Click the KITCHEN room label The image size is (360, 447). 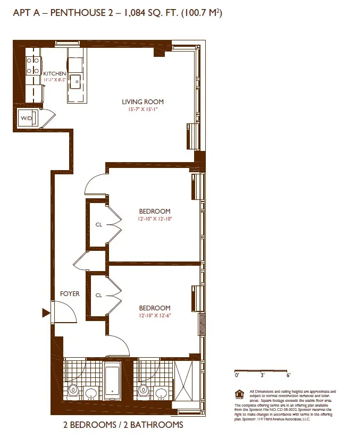pyautogui.click(x=55, y=73)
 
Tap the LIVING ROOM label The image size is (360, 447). pyautogui.click(x=143, y=102)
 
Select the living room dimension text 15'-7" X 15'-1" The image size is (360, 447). pyautogui.click(x=143, y=109)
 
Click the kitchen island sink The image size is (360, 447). pyautogui.click(x=76, y=81)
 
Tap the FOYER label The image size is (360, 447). pyautogui.click(x=70, y=293)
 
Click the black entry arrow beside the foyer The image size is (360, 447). pyautogui.click(x=46, y=313)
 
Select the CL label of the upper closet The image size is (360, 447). pyautogui.click(x=99, y=225)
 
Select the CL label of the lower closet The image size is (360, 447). pyautogui.click(x=99, y=296)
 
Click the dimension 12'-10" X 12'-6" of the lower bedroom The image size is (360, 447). pyautogui.click(x=155, y=316)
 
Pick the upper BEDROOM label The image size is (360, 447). pyautogui.click(x=155, y=212)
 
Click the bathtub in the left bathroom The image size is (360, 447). pyautogui.click(x=113, y=382)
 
